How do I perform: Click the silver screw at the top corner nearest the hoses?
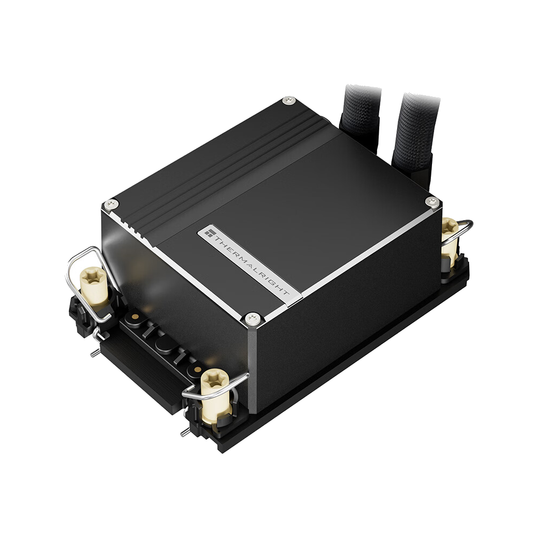pos(288,101)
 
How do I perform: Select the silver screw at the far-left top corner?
pos(112,204)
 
